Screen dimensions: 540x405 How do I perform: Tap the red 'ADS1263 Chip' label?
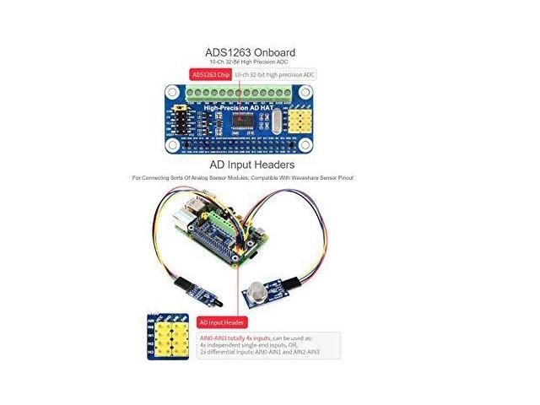211,74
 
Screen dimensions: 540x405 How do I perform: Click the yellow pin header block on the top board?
304,119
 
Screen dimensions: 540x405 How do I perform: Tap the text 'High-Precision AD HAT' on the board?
237,107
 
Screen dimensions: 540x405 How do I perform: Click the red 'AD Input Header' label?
223,321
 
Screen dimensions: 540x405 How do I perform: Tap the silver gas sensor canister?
253,292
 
